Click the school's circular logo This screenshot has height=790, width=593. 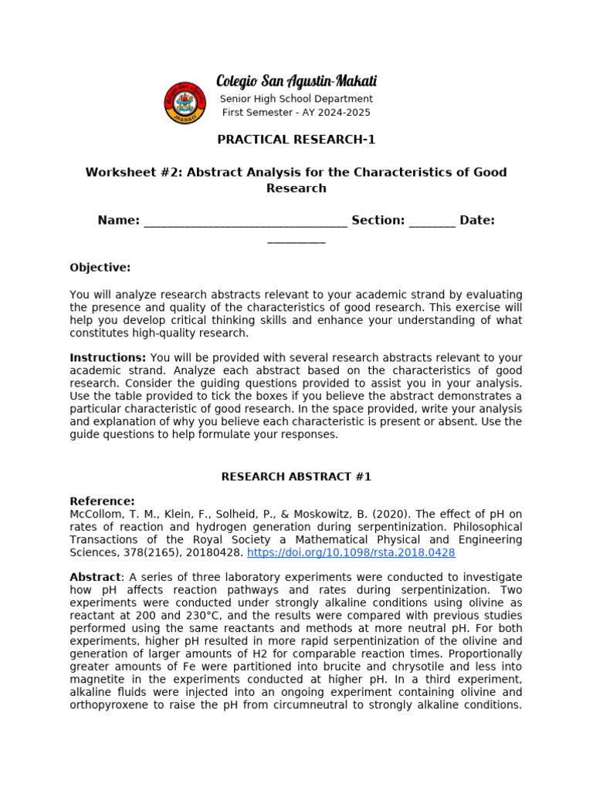[x=185, y=102]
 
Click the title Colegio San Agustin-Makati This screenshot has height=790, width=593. [x=296, y=81]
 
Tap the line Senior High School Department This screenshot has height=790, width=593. [x=296, y=99]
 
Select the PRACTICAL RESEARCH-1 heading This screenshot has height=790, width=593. [x=296, y=140]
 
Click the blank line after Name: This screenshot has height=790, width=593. [x=246, y=221]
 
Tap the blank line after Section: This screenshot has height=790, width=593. [x=432, y=221]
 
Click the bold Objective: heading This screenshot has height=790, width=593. [x=100, y=268]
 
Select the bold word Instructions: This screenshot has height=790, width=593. [x=107, y=358]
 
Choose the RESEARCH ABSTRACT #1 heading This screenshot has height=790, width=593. [x=296, y=477]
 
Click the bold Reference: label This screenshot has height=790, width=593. [x=102, y=501]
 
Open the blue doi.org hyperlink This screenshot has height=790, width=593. [x=351, y=553]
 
